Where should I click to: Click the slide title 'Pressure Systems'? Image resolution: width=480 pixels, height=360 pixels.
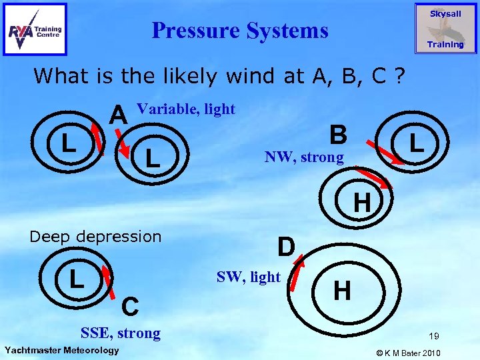[240, 30]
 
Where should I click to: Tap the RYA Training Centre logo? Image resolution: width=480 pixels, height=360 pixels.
[35, 29]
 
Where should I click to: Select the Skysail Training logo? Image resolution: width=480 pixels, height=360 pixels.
[445, 29]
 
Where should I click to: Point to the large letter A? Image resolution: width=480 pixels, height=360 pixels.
[119, 115]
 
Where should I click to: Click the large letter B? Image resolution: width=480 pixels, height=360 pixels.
[339, 135]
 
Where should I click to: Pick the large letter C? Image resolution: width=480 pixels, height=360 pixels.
[130, 307]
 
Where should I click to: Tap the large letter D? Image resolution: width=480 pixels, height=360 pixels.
[286, 247]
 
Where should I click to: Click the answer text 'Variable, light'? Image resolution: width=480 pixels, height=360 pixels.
[185, 109]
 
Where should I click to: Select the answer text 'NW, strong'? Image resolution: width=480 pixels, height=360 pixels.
[304, 157]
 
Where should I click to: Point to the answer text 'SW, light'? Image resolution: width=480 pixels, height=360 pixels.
[249, 277]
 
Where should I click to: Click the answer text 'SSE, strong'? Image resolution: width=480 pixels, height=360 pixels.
[120, 333]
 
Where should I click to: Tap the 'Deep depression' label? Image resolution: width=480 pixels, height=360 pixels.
[96, 237]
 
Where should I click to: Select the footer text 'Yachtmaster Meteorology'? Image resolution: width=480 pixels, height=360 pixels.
[61, 351]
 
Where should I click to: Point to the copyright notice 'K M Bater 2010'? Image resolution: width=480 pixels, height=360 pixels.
[418, 351]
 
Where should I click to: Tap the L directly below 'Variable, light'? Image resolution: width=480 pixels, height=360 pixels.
[153, 159]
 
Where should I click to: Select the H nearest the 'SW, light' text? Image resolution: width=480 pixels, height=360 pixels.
[342, 290]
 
